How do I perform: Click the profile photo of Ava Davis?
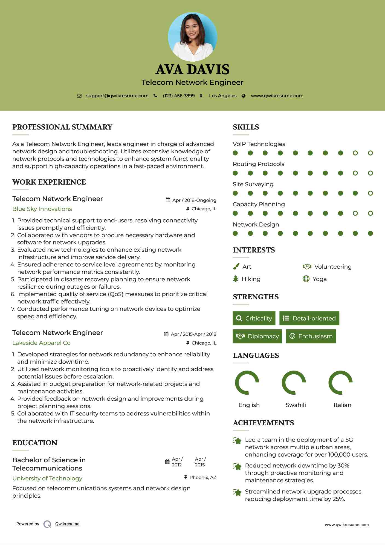192,37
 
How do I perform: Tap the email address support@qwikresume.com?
117,96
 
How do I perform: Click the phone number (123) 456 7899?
179,96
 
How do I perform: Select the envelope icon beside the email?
79,96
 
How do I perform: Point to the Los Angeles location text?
223,96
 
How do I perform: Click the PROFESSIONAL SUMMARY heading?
62,127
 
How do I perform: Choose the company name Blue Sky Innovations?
42,209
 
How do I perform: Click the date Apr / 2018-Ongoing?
194,200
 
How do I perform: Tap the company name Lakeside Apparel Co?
41,343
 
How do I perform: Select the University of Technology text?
47,478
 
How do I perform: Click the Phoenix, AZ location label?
203,477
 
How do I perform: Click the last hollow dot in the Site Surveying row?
370,193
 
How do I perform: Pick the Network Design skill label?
256,225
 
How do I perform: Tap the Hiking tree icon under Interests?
236,279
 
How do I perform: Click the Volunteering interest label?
333,267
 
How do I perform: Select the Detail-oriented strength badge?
309,318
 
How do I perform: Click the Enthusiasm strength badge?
311,336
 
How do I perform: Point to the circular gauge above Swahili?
294,383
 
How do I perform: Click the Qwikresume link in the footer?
67,524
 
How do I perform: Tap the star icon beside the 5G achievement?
237,441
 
